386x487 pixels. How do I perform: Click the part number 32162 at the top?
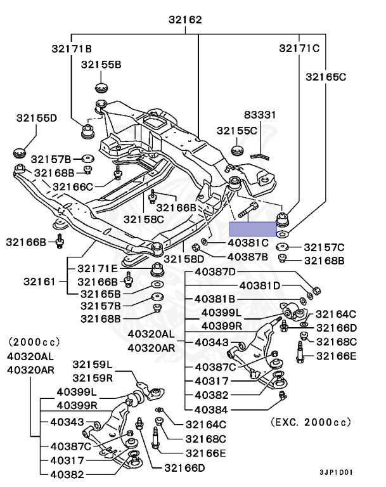click(x=185, y=20)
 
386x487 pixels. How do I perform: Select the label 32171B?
click(x=72, y=48)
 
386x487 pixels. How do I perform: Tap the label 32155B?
click(x=101, y=64)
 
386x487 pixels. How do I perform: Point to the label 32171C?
click(x=300, y=48)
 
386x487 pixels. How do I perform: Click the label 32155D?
click(x=37, y=117)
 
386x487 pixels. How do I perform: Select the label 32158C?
click(x=143, y=219)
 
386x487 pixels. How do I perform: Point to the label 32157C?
click(x=324, y=247)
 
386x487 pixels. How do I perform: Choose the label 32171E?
click(x=98, y=269)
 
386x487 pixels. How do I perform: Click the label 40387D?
click(x=215, y=272)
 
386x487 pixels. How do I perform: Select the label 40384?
click(x=210, y=409)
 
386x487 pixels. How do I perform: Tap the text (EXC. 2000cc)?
click(x=310, y=421)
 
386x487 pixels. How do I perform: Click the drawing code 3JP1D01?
click(x=336, y=472)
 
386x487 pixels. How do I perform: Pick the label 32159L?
click(x=92, y=365)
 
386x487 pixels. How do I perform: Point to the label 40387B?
click(x=247, y=257)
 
